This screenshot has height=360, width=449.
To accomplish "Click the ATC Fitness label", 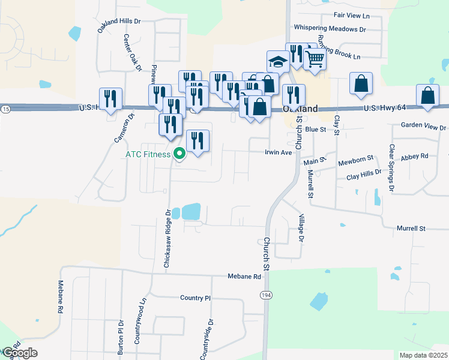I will click(x=148, y=154).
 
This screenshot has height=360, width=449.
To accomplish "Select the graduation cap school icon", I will click(x=278, y=62).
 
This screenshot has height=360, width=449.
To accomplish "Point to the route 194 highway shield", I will click(x=265, y=295).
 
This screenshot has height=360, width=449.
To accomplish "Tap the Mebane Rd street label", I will click(x=244, y=277).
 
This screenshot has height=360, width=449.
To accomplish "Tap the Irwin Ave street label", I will click(x=278, y=152).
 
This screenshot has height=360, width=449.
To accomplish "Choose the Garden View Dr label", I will click(x=424, y=127).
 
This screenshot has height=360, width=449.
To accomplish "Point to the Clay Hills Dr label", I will click(x=364, y=175).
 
